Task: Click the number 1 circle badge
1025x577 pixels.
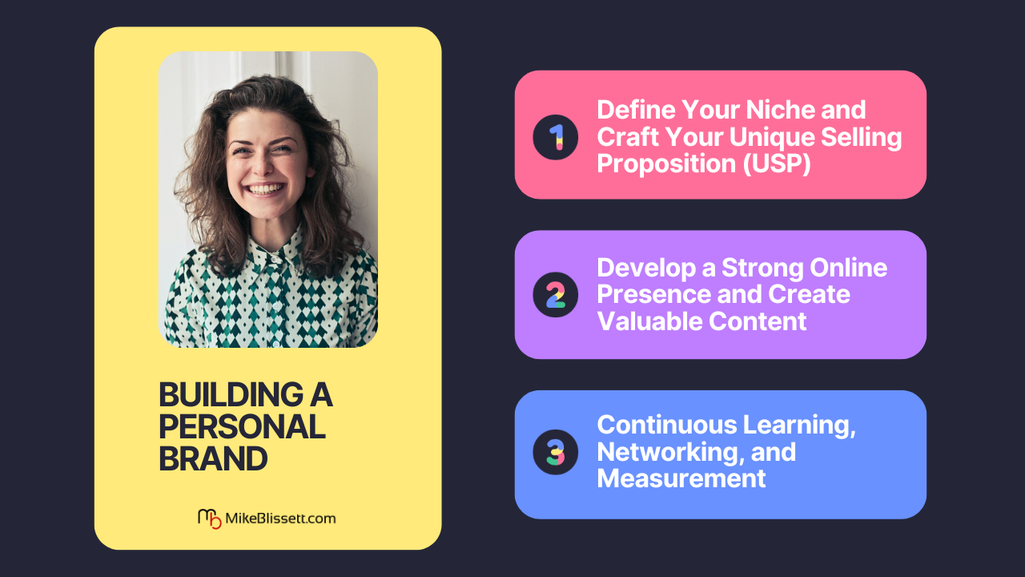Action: [555, 137]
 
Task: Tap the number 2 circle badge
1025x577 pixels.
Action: [555, 294]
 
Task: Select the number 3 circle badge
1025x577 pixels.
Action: [555, 452]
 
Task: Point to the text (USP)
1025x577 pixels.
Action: [777, 164]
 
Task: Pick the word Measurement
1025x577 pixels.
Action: [681, 478]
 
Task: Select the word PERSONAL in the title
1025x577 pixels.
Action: [242, 427]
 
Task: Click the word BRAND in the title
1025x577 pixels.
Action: [213, 459]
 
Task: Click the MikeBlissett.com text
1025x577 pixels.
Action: [280, 518]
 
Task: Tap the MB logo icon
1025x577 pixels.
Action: [210, 518]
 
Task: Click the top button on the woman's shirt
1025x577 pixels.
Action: [274, 260]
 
